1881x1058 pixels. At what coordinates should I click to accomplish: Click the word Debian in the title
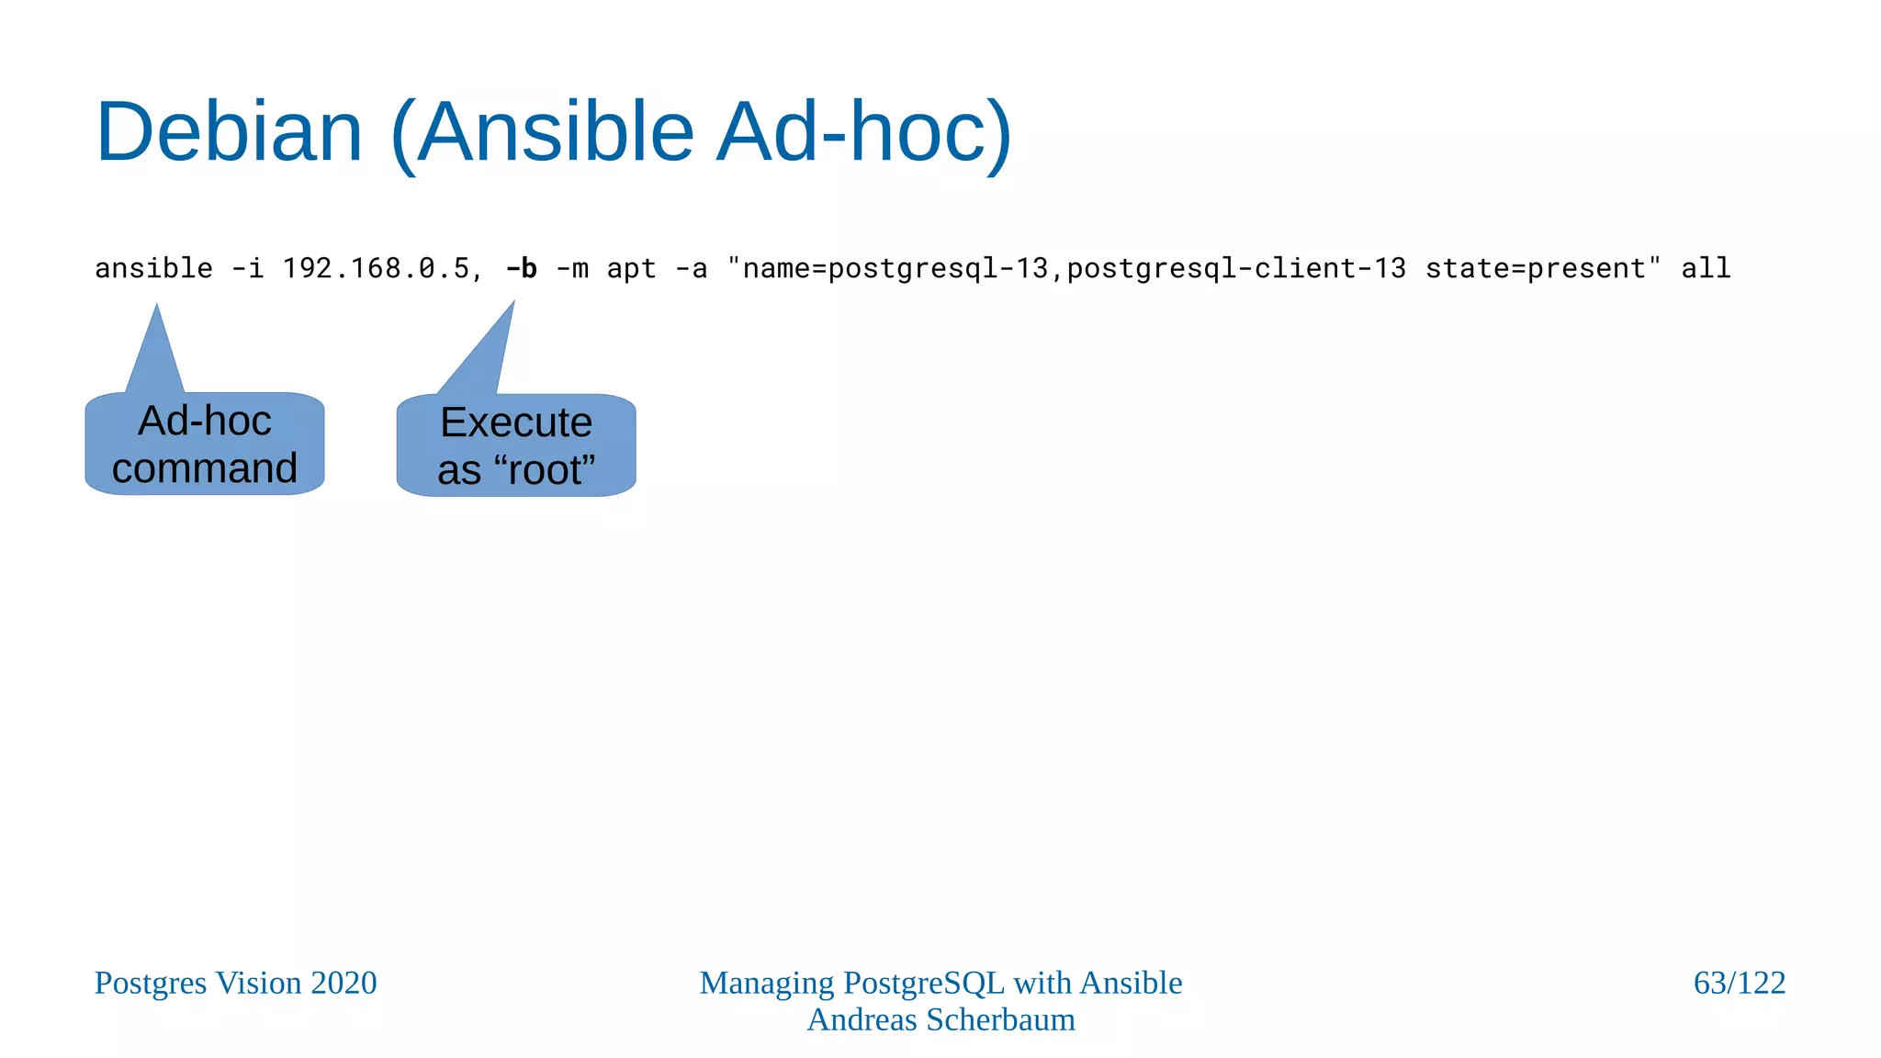[x=230, y=132]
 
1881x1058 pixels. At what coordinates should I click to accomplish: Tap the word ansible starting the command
[x=153, y=268]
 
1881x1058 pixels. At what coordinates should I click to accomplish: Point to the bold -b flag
[x=522, y=268]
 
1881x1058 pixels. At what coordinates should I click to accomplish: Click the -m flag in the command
[x=572, y=268]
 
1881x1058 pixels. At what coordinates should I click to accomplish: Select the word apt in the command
[x=632, y=268]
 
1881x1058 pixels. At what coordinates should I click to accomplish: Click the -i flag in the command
[x=247, y=268]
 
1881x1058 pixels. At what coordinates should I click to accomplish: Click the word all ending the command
[x=1706, y=268]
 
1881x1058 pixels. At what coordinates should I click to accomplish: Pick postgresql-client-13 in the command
[x=1235, y=268]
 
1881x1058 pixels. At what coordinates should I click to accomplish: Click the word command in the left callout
[x=205, y=468]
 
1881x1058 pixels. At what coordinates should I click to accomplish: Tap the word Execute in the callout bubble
[x=516, y=422]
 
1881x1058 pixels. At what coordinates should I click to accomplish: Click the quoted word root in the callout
[x=545, y=470]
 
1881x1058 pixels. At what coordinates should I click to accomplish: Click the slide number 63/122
[x=1739, y=983]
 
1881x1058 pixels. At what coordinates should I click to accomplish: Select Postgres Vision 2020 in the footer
[x=235, y=983]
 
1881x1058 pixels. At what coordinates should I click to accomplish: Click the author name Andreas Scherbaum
[x=940, y=1019]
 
